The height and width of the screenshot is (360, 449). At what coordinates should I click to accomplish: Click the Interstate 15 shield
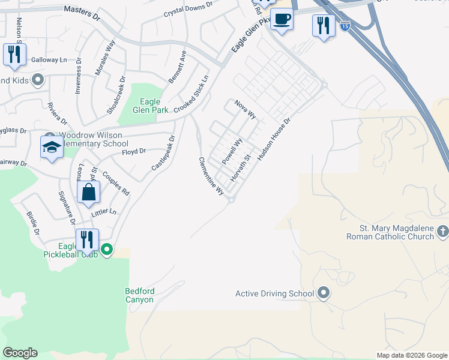345,26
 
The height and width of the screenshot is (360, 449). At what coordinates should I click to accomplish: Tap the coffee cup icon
282,19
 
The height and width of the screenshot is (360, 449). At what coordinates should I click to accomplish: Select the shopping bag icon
88,193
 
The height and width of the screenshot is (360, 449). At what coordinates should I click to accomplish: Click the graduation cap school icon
52,147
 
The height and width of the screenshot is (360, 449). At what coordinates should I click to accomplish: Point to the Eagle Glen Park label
150,106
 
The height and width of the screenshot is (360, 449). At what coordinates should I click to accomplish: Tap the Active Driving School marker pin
324,293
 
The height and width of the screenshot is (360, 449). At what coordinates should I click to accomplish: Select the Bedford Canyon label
140,295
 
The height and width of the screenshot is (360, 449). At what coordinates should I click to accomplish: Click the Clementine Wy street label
211,176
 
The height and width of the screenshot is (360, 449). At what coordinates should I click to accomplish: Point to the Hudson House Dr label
274,139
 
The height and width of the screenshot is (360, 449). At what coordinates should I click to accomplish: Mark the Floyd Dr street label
134,152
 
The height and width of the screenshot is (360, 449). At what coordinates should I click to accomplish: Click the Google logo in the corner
20,353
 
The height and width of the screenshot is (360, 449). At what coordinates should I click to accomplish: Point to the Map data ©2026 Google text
412,355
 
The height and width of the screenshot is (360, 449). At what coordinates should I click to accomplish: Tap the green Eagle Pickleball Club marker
107,249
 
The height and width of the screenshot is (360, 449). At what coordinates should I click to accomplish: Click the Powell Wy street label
232,151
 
